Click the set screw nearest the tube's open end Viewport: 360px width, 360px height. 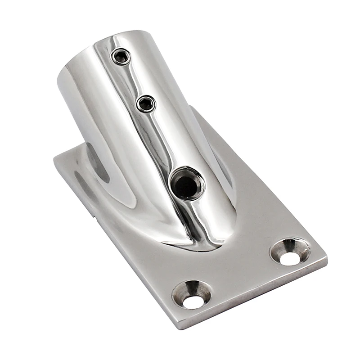click(x=121, y=56)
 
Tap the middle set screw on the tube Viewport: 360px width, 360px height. click(x=146, y=104)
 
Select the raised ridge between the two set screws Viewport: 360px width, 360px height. click(x=134, y=80)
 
